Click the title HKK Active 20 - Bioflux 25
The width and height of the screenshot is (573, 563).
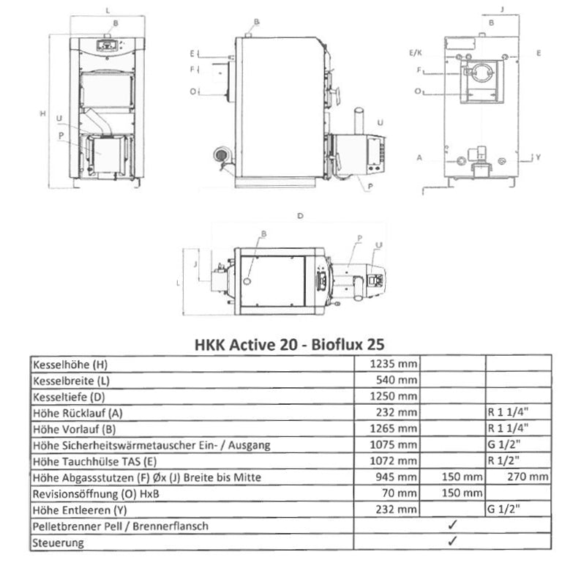(288, 343)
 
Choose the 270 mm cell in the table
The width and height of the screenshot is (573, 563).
(528, 477)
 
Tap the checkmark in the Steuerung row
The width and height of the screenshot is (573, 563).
(452, 542)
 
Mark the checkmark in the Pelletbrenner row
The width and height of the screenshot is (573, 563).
(452, 526)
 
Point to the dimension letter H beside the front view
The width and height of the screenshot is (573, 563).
(43, 113)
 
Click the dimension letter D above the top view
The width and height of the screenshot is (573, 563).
(299, 217)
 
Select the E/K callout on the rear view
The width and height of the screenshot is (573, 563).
(416, 53)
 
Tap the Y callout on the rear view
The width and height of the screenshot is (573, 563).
(538, 157)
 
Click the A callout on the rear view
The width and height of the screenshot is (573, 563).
(419, 157)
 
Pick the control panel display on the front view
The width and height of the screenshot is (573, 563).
(108, 44)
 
